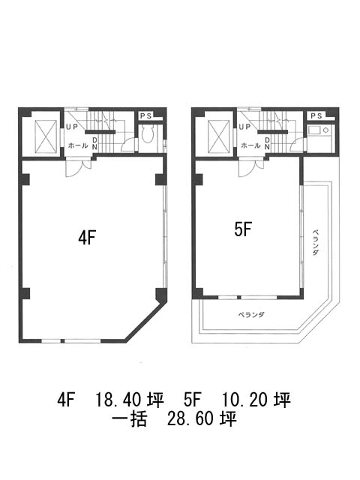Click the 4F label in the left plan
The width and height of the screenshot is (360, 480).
pos(87,238)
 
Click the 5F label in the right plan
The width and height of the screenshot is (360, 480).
pos(243,229)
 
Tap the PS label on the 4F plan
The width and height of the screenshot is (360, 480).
pos(145,116)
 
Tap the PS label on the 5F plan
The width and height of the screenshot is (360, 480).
pos(316,116)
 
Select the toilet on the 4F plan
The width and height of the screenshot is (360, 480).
pos(147,135)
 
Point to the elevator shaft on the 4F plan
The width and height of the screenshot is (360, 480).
pos(46,136)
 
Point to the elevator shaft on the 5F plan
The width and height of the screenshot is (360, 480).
pos(218,136)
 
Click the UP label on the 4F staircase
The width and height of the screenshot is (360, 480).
pos(72,127)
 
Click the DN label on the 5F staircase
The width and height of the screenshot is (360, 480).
pos(268,143)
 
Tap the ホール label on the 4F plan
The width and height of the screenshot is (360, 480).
pos(78,145)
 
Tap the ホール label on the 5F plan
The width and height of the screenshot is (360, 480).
pos(250,145)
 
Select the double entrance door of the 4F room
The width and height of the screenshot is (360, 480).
pos(79,167)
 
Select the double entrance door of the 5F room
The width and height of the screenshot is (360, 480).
pos(251,167)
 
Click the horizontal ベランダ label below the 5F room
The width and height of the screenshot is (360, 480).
pos(251,315)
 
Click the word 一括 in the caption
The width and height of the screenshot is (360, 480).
pos(130,418)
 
